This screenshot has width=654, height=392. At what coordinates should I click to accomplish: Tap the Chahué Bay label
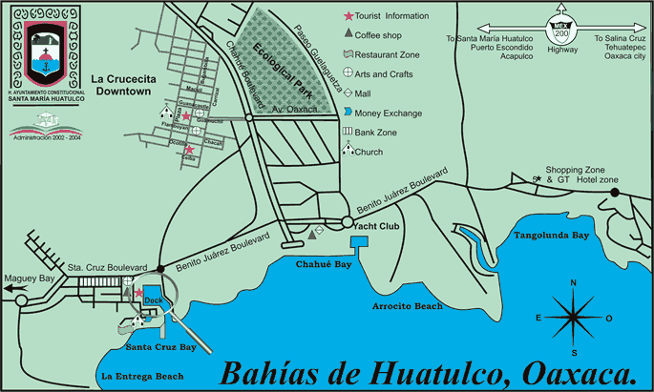(317, 264)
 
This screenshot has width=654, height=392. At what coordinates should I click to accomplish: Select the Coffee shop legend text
(381, 34)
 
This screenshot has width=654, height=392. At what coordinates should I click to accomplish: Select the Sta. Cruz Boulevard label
(106, 267)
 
